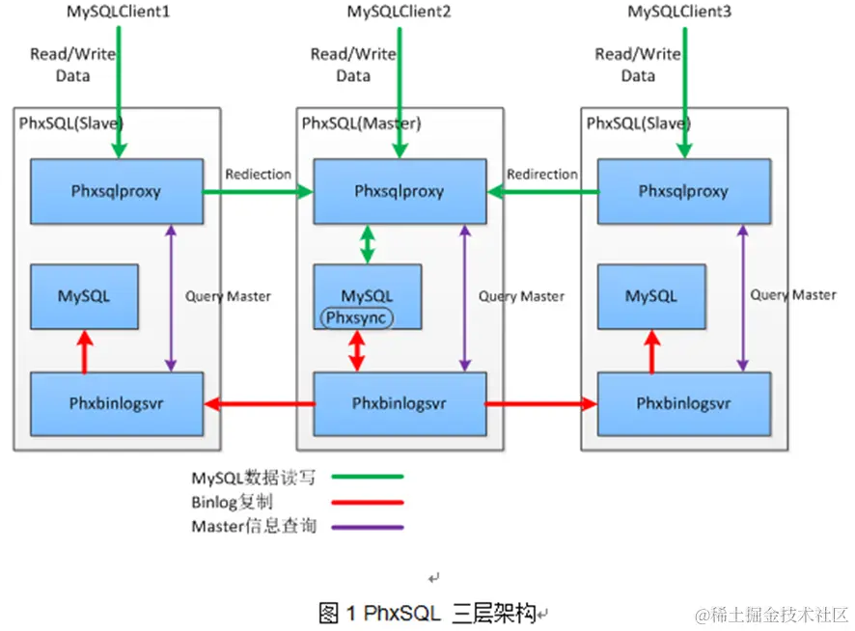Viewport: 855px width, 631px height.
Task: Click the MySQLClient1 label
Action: point(119,12)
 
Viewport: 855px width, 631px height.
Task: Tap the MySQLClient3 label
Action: point(679,12)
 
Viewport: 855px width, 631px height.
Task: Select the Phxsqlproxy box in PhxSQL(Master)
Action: point(400,191)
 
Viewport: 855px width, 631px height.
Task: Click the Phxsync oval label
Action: point(357,317)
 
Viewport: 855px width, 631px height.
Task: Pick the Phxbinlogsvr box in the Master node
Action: point(400,403)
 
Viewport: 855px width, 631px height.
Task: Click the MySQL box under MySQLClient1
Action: point(85,296)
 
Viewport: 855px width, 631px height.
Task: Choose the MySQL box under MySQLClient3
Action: point(651,296)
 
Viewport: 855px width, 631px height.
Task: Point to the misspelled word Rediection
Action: point(259,175)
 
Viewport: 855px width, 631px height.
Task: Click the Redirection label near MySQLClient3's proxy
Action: point(542,175)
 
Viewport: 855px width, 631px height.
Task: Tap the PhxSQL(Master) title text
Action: point(362,123)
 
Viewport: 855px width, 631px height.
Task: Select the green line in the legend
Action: point(368,477)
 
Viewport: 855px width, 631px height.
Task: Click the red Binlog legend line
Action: point(368,503)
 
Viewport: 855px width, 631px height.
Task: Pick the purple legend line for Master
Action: point(368,528)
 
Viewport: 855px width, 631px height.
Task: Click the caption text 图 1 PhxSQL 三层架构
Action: point(427,614)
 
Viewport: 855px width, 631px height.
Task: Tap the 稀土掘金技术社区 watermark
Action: point(772,616)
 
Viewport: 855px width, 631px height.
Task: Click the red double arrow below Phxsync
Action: point(357,351)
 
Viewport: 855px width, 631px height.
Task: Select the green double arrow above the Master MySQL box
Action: point(368,244)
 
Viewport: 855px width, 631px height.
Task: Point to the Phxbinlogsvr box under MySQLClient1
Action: point(117,403)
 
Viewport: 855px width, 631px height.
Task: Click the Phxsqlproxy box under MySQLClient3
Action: point(684,191)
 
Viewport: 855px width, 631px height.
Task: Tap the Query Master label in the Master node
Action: point(521,296)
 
